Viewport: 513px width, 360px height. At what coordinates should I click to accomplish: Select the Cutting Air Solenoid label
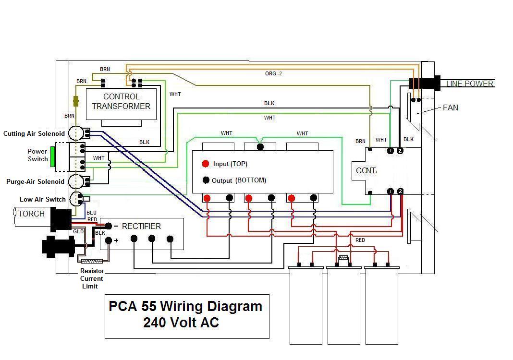tap(34, 133)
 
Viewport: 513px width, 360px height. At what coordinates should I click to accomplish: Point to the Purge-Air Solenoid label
tap(35, 182)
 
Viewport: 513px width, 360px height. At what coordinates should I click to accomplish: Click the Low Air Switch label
tap(43, 199)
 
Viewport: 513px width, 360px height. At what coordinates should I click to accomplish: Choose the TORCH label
tap(31, 214)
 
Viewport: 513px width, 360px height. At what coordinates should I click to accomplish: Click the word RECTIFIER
tap(141, 226)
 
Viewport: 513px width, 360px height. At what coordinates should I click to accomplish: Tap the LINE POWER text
tap(469, 84)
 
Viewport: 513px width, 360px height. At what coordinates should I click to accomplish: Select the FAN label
tap(450, 108)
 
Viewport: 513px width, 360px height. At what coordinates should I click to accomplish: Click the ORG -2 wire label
tap(273, 73)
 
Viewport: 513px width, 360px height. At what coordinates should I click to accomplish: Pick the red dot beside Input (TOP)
tap(206, 164)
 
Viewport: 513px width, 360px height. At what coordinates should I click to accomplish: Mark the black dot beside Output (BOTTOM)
tap(206, 180)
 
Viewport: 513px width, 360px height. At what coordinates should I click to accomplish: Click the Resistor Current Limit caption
tap(91, 278)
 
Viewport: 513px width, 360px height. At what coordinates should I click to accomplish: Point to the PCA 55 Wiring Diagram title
tap(185, 306)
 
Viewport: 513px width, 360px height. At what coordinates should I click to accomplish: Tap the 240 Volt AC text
tap(181, 323)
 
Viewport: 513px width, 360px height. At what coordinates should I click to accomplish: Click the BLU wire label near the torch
tap(91, 213)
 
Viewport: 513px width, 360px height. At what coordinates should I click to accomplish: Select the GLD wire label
tap(78, 231)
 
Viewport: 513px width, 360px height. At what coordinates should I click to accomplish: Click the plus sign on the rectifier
tap(117, 240)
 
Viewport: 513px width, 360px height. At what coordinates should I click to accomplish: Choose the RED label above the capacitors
tap(360, 240)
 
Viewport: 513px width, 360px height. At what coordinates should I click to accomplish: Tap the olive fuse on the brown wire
tap(76, 101)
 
